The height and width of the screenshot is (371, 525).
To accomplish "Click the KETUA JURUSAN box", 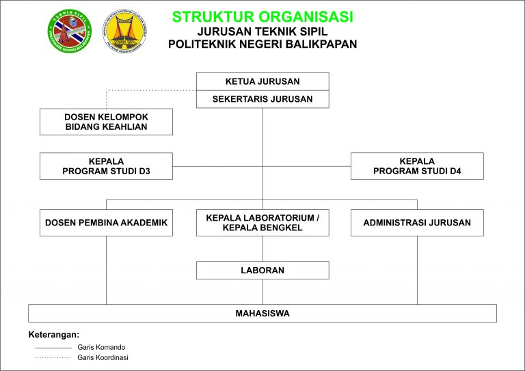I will [262, 81].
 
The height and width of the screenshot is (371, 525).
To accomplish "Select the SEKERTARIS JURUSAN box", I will [262, 99].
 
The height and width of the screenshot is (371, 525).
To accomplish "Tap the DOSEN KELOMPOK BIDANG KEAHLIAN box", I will [106, 122].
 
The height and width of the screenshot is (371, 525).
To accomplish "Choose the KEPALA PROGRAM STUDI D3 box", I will [106, 166].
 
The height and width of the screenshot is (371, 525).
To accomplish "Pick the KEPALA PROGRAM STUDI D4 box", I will [417, 166].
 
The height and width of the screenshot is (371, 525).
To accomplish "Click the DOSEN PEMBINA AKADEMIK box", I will [106, 223].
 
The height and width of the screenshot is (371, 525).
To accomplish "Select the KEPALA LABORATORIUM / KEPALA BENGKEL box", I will [262, 223].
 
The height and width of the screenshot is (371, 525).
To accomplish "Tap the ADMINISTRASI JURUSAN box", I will [417, 223].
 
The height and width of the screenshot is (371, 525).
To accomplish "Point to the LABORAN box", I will [262, 270].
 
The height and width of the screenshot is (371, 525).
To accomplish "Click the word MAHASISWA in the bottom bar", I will [262, 314].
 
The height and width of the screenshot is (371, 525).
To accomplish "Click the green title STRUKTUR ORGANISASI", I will [262, 16].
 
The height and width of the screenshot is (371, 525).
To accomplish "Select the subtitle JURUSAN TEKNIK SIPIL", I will [262, 31].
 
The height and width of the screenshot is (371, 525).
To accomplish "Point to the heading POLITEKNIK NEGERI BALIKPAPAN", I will [262, 44].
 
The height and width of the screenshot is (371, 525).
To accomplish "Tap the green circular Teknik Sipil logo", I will [69, 31].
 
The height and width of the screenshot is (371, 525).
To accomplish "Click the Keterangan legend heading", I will [54, 335].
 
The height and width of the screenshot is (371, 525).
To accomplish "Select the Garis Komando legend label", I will [101, 347].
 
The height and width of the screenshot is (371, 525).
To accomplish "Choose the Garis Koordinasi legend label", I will [103, 357].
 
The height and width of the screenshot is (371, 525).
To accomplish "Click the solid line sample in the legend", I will [53, 348].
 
